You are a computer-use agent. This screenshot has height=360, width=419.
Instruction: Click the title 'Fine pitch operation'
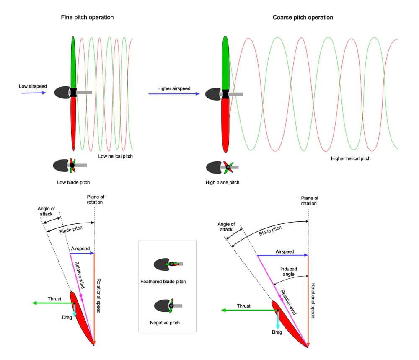tap(87, 17)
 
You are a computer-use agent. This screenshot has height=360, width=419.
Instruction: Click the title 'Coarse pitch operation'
tap(303, 17)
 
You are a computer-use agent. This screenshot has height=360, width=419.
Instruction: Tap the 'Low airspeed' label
tap(33, 86)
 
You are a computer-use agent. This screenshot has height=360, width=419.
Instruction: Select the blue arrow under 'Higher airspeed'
tap(174, 94)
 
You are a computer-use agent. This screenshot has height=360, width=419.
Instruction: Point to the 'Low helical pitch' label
tap(116, 156)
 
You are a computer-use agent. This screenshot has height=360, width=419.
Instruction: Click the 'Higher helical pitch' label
tap(351, 158)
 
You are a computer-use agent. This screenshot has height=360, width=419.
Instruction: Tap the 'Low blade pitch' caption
tap(73, 182)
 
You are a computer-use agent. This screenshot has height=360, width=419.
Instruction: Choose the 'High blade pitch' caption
tap(222, 182)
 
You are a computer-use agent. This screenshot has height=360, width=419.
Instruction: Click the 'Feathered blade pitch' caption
tap(163, 282)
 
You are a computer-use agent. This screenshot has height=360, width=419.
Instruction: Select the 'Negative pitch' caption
tap(165, 323)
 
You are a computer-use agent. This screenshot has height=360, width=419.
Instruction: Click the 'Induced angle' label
tap(288, 271)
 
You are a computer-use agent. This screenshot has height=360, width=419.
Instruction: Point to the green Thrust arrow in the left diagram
tap(53, 303)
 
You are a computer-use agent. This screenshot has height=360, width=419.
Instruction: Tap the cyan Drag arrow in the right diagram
tap(278, 320)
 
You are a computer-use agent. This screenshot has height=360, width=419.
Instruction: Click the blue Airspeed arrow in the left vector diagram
tap(82, 253)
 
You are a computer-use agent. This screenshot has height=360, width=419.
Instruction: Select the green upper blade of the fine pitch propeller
tap(73, 62)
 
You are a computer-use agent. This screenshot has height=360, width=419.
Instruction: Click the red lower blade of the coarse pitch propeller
tap(225, 125)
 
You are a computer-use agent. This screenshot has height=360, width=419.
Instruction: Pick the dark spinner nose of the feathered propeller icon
tap(161, 264)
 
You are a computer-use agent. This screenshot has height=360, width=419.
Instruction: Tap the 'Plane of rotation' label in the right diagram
tap(310, 200)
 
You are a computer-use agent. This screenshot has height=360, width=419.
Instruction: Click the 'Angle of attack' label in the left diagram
tap(46, 211)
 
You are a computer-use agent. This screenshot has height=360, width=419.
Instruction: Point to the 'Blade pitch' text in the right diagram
tap(270, 231)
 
